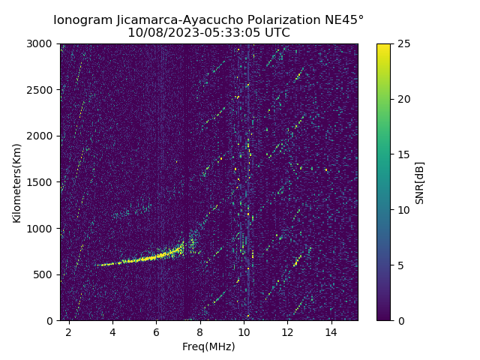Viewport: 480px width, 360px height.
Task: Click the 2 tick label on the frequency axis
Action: point(69,332)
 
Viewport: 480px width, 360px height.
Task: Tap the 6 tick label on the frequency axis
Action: point(156,332)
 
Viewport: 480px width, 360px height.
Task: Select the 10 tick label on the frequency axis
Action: point(244,332)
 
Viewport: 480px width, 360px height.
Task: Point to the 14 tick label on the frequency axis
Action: point(331,332)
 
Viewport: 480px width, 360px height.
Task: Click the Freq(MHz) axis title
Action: point(209,346)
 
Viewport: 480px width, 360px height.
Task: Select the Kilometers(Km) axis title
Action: point(17,182)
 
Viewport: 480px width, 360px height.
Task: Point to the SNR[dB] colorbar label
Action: point(420,182)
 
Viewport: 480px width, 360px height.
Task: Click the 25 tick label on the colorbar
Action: point(402,44)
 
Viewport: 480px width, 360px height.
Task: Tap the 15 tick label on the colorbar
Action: point(402,154)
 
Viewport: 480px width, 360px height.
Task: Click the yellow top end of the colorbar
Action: point(383,46)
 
